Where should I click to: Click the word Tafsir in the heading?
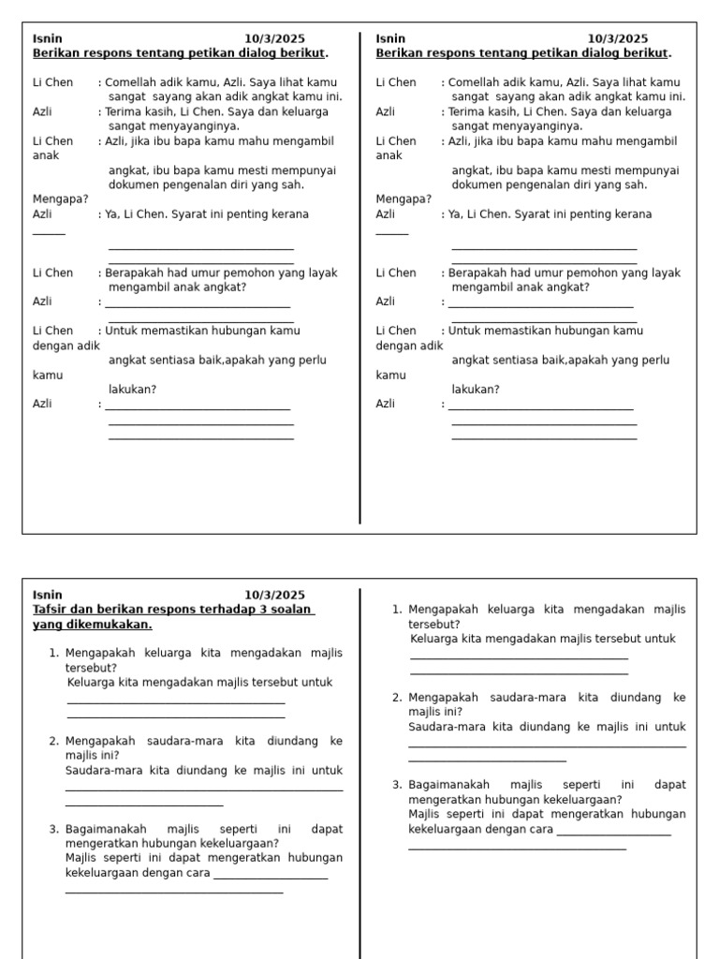(x=49, y=610)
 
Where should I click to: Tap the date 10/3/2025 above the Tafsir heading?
(x=274, y=595)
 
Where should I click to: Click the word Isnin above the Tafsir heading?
(x=48, y=595)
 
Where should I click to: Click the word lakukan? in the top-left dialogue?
(x=132, y=390)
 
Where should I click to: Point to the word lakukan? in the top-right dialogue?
(x=476, y=390)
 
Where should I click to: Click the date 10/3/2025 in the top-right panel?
(x=617, y=38)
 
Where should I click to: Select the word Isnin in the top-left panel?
(x=48, y=38)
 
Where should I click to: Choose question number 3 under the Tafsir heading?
(x=53, y=829)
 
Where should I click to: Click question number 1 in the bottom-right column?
(x=397, y=610)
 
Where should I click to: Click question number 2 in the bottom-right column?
(x=397, y=698)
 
